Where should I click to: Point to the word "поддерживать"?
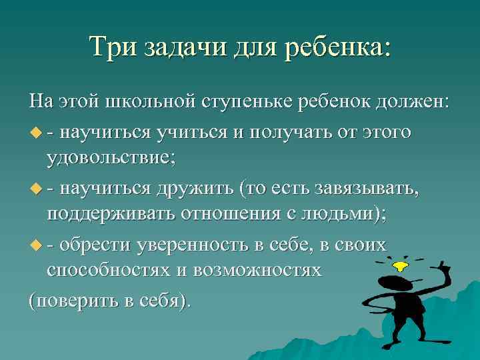click(x=109, y=216)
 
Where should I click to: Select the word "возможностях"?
click(x=264, y=272)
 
